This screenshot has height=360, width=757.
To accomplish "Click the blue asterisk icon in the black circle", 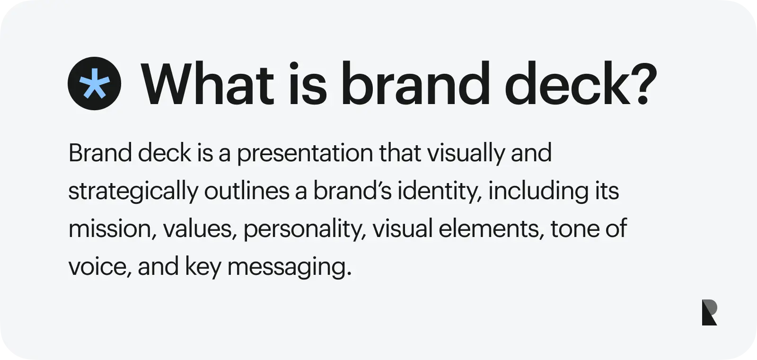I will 94,84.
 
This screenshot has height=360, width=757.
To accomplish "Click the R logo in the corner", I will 709,312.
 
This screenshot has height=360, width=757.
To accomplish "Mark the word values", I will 198,229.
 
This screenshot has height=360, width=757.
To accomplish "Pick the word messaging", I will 290,267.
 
